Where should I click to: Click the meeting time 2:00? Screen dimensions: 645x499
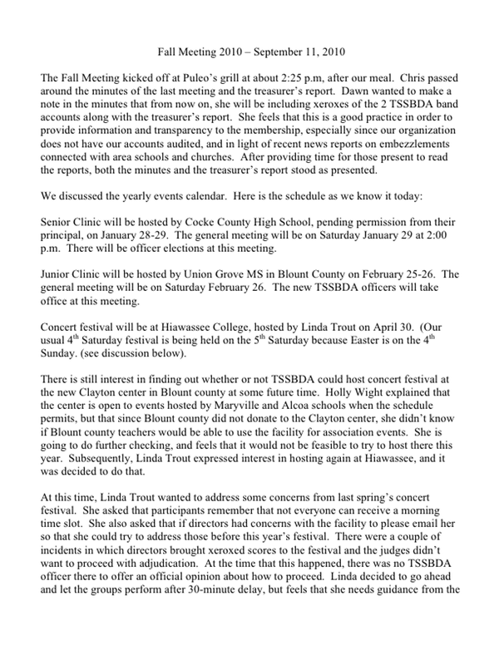point(439,236)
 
